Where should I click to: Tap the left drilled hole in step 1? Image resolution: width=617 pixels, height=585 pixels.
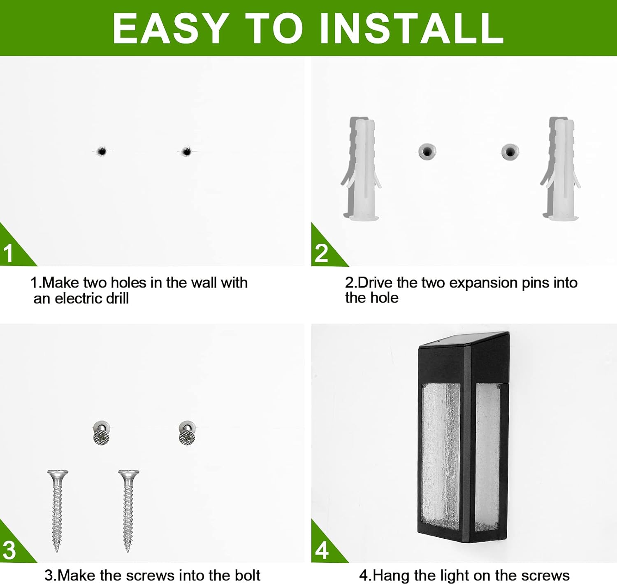(101, 151)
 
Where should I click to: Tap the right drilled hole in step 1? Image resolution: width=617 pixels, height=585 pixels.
(186, 151)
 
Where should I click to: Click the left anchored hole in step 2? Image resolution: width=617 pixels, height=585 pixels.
(427, 151)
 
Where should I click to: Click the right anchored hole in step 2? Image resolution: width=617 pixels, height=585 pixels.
(510, 151)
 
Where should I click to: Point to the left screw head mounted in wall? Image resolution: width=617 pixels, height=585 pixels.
(102, 434)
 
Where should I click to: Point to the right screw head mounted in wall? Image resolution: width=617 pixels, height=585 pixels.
(187, 434)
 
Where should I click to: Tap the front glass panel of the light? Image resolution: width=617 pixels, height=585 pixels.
(441, 455)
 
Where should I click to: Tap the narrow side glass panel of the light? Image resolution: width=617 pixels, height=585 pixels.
(487, 455)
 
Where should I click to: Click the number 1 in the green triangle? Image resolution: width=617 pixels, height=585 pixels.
(9, 253)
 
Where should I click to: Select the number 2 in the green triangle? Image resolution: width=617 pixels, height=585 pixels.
(321, 253)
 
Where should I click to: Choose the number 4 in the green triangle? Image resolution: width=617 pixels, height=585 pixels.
(322, 550)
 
